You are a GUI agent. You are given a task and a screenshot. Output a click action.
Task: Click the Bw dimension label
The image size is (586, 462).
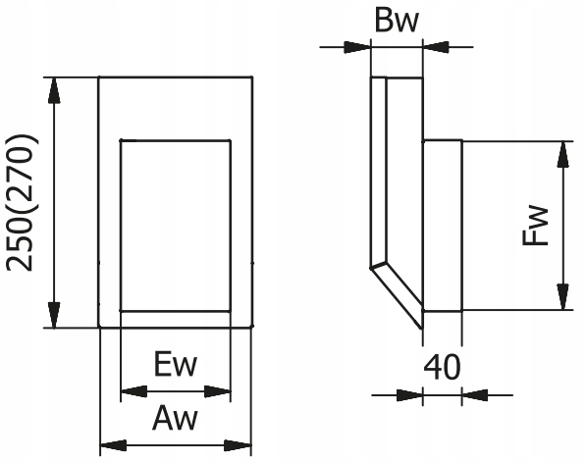tap(397, 21)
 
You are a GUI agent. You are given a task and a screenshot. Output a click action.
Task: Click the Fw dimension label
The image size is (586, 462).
tap(536, 226)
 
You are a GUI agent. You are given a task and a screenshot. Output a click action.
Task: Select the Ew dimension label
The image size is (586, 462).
tap(175, 365)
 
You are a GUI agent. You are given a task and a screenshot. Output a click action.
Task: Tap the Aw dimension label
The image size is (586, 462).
tap(175, 418)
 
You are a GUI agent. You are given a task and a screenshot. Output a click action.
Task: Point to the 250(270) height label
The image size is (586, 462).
tap(21, 203)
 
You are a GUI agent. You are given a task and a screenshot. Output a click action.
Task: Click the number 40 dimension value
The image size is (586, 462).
tap(442, 368)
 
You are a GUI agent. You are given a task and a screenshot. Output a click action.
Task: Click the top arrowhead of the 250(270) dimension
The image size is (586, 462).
tap(54, 90)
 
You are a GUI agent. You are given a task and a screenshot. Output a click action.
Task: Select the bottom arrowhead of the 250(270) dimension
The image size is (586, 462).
tap(54, 316)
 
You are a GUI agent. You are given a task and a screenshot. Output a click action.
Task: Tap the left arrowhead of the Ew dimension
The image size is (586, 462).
tap(134, 391)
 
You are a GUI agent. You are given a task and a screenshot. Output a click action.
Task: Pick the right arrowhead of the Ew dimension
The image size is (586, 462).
tap(218, 391)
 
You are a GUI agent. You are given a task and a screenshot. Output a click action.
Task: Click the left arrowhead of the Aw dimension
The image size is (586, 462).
tap(114, 445)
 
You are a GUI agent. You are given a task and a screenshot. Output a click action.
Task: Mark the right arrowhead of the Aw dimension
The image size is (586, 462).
tap(238, 445)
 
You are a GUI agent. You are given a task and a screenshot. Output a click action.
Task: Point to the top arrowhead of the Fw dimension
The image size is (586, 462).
tap(562, 154)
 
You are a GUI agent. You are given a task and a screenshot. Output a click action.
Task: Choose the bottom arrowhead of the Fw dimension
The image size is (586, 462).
tap(562, 297)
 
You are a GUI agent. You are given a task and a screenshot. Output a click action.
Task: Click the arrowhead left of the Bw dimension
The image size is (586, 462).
tap(357, 47)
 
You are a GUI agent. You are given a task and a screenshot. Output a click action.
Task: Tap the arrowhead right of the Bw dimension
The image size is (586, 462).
tap(436, 47)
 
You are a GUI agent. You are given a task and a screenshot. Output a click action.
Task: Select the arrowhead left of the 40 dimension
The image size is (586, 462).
tap(409, 395)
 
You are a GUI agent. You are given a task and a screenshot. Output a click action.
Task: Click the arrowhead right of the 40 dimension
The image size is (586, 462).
tap(475, 395)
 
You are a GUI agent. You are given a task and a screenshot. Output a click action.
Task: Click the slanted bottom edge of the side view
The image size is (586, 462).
tap(397, 298)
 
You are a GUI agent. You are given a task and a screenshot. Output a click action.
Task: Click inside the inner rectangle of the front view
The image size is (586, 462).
tap(176, 226)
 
